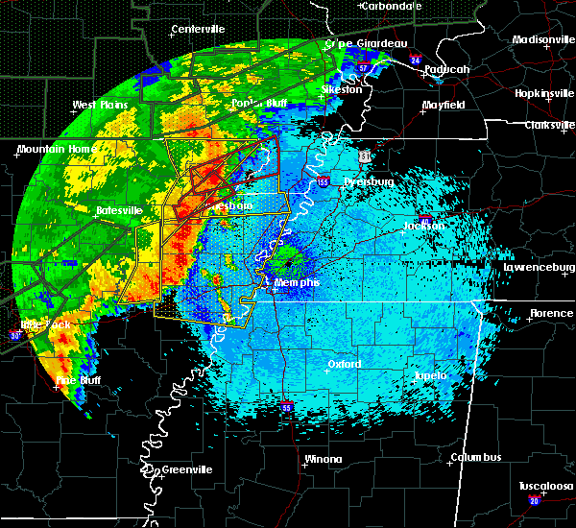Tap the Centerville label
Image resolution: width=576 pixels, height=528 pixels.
click(198, 30)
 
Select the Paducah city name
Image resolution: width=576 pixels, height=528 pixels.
click(449, 69)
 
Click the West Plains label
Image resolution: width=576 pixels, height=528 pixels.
click(100, 105)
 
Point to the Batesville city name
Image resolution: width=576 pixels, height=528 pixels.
click(119, 210)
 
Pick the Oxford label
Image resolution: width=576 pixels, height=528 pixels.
click(344, 365)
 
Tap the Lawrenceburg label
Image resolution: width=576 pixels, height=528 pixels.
click(537, 269)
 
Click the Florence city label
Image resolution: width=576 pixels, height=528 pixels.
click(552, 314)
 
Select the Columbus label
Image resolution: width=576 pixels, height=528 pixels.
click(478, 458)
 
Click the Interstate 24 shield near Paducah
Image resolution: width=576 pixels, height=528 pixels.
click(414, 60)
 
